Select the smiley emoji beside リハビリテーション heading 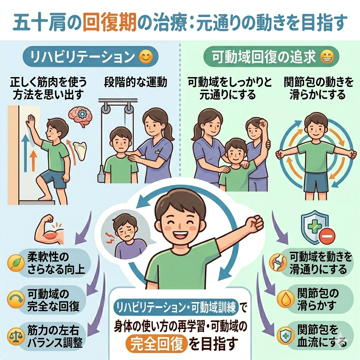[x=146, y=57]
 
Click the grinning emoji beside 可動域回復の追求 [x=327, y=57]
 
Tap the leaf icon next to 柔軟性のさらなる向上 [x=16, y=263]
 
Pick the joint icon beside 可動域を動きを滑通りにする [x=278, y=262]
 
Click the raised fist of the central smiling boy [x=255, y=223]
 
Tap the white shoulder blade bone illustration [x=80, y=151]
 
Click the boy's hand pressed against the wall [x=31, y=122]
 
